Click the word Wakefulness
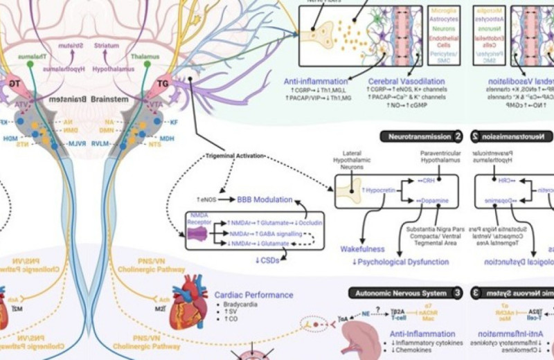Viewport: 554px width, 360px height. [361, 249]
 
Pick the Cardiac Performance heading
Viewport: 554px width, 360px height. [253, 294]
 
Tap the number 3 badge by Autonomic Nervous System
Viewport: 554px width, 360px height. [458, 293]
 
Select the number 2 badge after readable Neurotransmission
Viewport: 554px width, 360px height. [458, 136]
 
